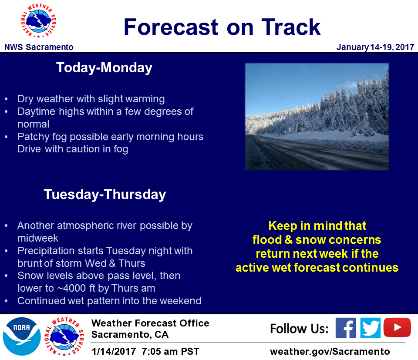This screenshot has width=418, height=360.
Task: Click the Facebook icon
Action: point(345,328)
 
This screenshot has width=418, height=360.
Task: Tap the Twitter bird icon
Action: point(371,328)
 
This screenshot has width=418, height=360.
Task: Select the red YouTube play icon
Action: point(397,327)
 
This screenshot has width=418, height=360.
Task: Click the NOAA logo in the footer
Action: point(22,336)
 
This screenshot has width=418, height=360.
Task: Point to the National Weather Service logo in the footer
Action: point(64,337)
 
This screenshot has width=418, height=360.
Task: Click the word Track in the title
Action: point(291,27)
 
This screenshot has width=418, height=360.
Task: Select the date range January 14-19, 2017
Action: point(375,47)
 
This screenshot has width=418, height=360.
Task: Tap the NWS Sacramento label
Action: point(39,47)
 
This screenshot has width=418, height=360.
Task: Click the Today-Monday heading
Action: point(104,67)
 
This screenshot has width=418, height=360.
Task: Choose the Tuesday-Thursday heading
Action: point(105,195)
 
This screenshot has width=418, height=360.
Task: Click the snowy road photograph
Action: point(317,117)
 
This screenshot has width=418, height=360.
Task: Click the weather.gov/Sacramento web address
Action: point(330,351)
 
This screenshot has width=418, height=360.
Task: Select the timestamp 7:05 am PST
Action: point(170,351)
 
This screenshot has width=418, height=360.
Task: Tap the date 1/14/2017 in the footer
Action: point(114,351)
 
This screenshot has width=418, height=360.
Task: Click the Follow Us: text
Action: point(299,329)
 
